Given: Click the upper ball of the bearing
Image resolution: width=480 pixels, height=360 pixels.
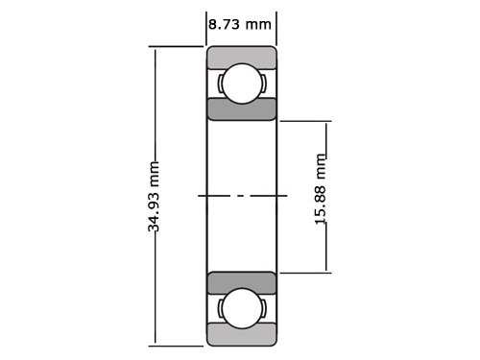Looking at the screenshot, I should pyautogui.click(x=242, y=83).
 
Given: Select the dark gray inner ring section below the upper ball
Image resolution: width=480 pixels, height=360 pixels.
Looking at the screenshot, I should pyautogui.click(x=242, y=108).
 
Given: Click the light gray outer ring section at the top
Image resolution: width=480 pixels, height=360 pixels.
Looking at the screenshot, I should pyautogui.click(x=242, y=57).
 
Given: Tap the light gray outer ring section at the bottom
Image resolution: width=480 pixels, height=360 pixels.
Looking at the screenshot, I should pyautogui.click(x=242, y=335).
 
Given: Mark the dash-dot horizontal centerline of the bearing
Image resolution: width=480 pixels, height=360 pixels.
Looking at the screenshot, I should pyautogui.click(x=242, y=195).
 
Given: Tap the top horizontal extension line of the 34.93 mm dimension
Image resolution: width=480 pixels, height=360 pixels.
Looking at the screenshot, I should pyautogui.click(x=179, y=46).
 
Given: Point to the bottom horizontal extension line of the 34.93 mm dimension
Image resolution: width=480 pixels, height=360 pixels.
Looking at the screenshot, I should pyautogui.click(x=179, y=345).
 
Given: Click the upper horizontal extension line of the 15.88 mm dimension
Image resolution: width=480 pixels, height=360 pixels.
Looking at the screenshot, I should pyautogui.click(x=305, y=121).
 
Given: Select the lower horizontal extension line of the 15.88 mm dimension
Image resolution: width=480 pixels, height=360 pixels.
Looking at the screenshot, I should pyautogui.click(x=305, y=272).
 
